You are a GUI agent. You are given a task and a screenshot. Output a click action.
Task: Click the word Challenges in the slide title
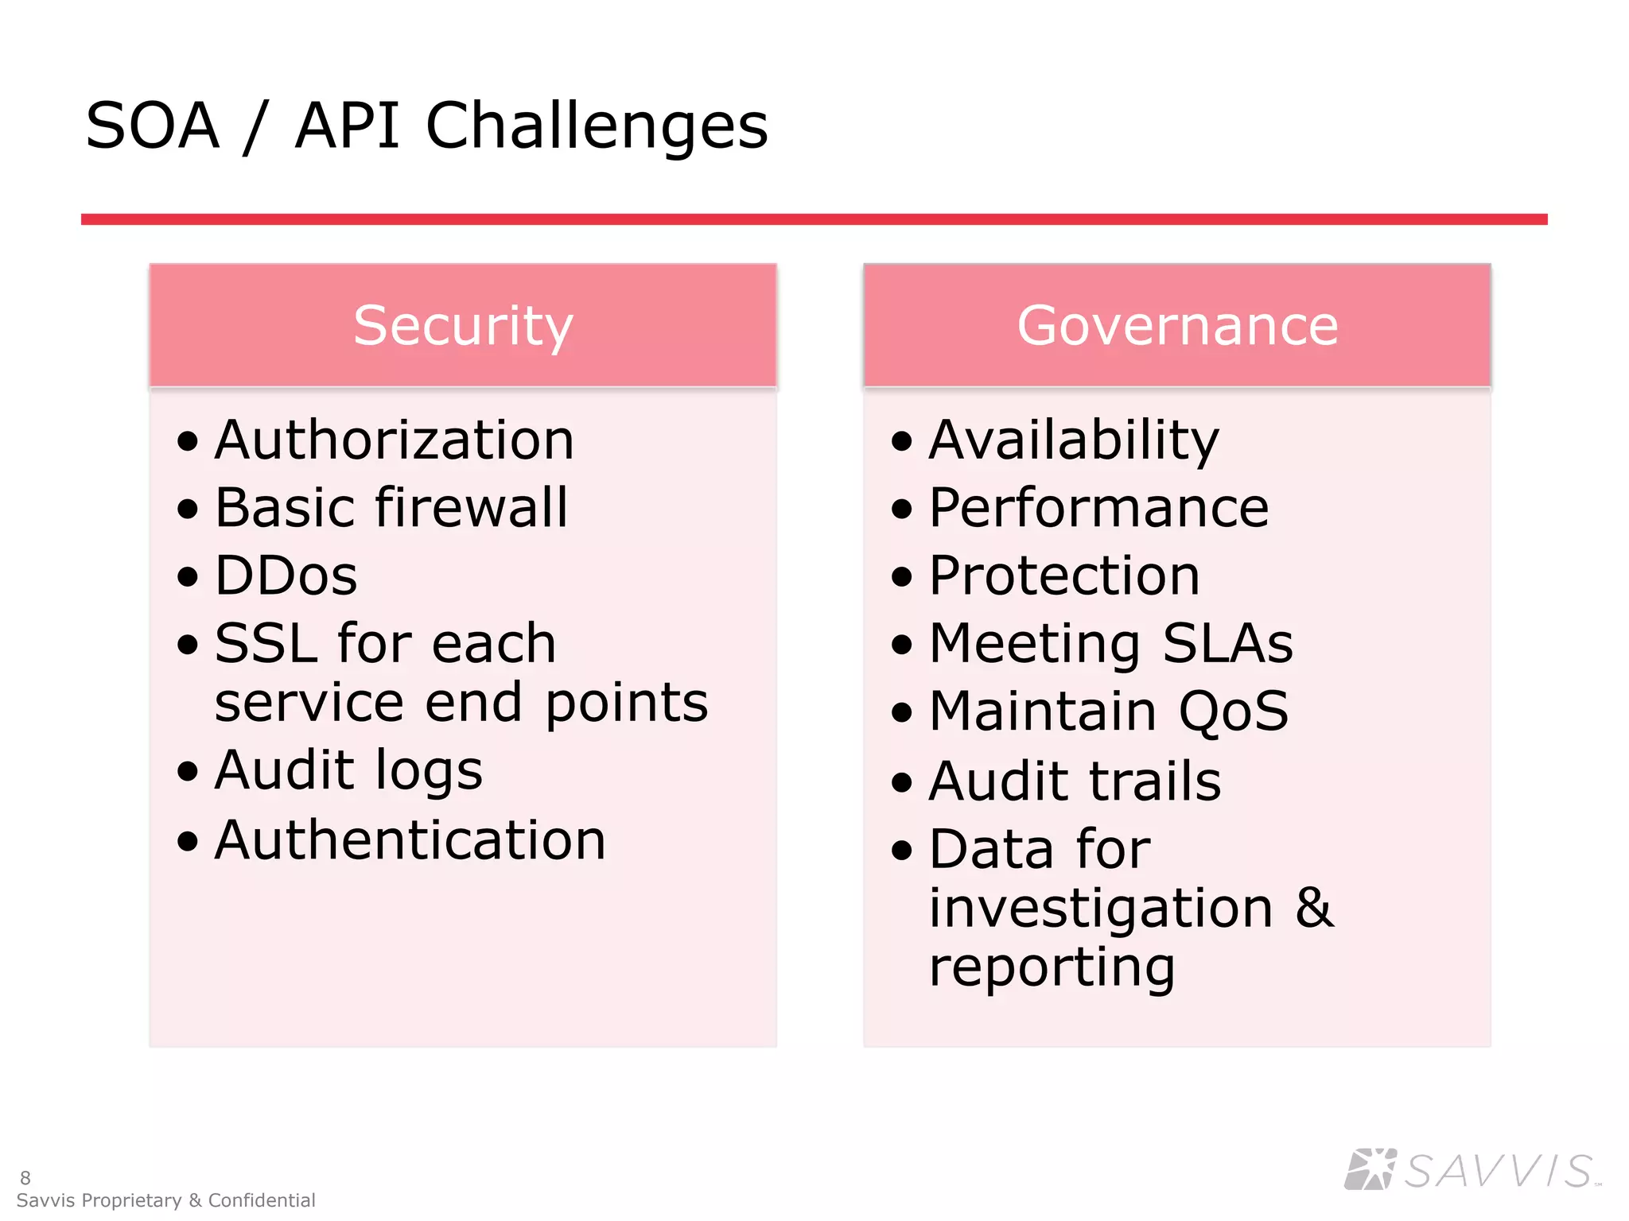597,127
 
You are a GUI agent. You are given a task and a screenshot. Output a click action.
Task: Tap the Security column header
463,325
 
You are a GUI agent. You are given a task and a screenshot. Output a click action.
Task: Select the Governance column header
1177,325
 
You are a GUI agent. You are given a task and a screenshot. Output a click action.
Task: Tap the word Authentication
410,840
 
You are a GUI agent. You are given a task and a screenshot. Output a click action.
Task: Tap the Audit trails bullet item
1075,781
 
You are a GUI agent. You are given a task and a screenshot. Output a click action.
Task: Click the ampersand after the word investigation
1314,908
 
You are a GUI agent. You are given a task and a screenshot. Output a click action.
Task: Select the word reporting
1052,967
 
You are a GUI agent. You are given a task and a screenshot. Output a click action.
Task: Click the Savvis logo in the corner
1472,1169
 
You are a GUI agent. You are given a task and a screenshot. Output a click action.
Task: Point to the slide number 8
25,1177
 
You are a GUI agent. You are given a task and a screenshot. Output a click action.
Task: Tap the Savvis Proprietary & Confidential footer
165,1200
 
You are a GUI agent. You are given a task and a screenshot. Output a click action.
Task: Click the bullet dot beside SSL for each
188,643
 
